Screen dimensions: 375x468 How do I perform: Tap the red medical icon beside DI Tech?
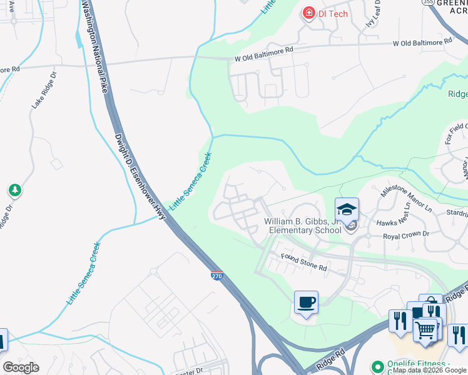click(x=308, y=13)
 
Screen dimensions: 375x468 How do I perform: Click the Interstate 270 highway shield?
click(x=216, y=276)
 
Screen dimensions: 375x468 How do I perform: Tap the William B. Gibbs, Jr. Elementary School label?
click(x=303, y=226)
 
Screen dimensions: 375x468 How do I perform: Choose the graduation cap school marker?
click(x=347, y=210)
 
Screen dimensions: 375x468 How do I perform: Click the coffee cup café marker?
click(x=306, y=303)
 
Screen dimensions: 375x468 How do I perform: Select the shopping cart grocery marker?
click(x=425, y=329)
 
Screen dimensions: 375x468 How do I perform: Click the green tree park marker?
click(x=14, y=189)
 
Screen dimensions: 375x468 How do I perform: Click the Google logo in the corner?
click(x=21, y=367)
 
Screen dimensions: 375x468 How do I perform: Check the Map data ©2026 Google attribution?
click(x=429, y=370)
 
